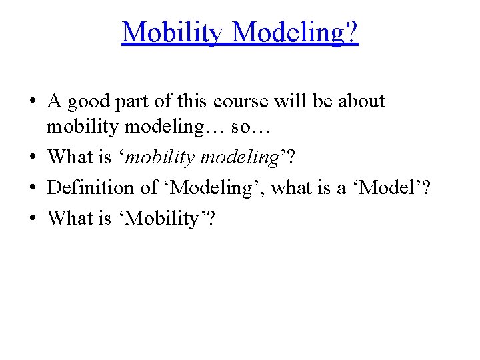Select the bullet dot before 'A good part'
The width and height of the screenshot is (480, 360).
point(33,102)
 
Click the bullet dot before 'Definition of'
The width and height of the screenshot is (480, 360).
point(33,188)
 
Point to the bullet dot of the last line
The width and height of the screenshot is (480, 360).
point(33,218)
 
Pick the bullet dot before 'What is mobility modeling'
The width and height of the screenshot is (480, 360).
point(33,157)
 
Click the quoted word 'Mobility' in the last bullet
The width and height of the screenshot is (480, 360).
point(163,218)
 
